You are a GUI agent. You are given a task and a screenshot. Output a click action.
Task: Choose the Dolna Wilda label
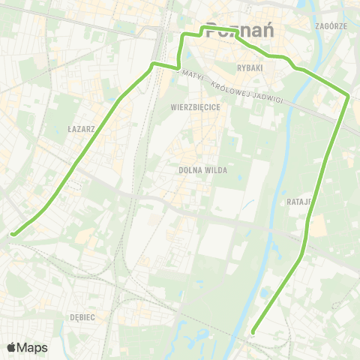pyautogui.click(x=199, y=170)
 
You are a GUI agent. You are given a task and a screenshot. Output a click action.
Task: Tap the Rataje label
pyautogui.click(x=298, y=202)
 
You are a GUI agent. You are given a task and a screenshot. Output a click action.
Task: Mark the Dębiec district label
pyautogui.click(x=82, y=317)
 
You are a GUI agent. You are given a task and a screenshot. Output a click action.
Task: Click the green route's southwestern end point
pyautogui.click(x=13, y=234)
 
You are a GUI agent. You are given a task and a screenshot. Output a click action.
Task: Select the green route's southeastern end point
pyautogui.click(x=253, y=331)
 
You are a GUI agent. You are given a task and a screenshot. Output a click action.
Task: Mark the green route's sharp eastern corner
pyautogui.click(x=348, y=94)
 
